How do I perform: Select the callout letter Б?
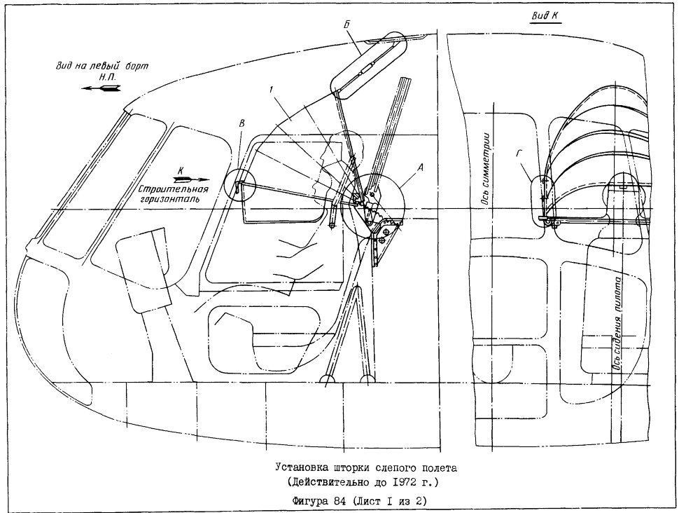[x=346, y=25]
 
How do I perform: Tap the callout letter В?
[x=241, y=123]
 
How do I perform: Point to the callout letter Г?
[x=519, y=153]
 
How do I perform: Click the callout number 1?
[x=270, y=90]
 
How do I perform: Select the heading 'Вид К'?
[x=545, y=16]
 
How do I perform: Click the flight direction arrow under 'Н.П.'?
[x=101, y=88]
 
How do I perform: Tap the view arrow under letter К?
[x=191, y=179]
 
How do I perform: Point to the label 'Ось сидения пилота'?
[x=618, y=324]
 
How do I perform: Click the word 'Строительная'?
[x=174, y=190]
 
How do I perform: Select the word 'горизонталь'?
[x=169, y=200]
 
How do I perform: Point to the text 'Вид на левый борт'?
[x=101, y=66]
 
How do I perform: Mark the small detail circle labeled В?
[x=241, y=185]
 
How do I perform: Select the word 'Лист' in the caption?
[x=370, y=501]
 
